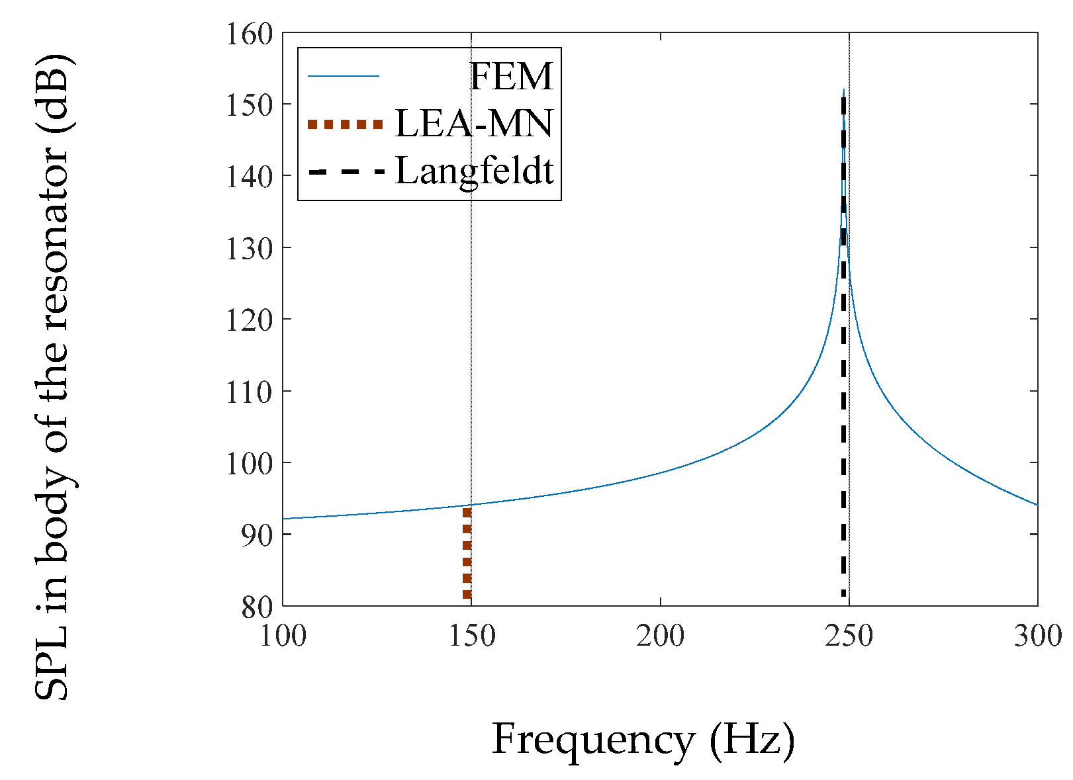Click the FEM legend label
point(510,77)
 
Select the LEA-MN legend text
point(473,124)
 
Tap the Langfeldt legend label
point(474,171)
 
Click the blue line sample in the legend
point(344,77)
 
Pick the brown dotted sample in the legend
point(345,124)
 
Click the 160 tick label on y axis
point(250,34)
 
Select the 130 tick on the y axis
point(250,249)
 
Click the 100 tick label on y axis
point(250,463)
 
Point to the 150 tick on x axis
point(471,636)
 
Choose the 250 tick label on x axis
point(849,636)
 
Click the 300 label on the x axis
point(1037,636)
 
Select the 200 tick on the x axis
point(660,636)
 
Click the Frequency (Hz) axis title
point(643,739)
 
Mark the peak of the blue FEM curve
point(844,90)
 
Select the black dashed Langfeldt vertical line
point(843,397)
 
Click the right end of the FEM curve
point(1037,505)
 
